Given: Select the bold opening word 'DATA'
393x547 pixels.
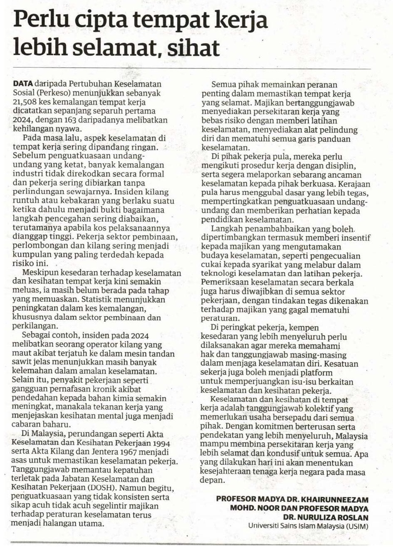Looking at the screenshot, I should click(x=23, y=84).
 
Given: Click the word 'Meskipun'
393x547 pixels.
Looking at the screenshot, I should click(x=41, y=273).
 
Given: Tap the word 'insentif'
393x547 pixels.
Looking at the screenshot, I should click(x=354, y=238).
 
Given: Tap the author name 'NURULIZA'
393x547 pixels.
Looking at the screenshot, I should click(x=319, y=518).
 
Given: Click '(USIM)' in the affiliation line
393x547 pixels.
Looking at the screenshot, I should click(x=356, y=526).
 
